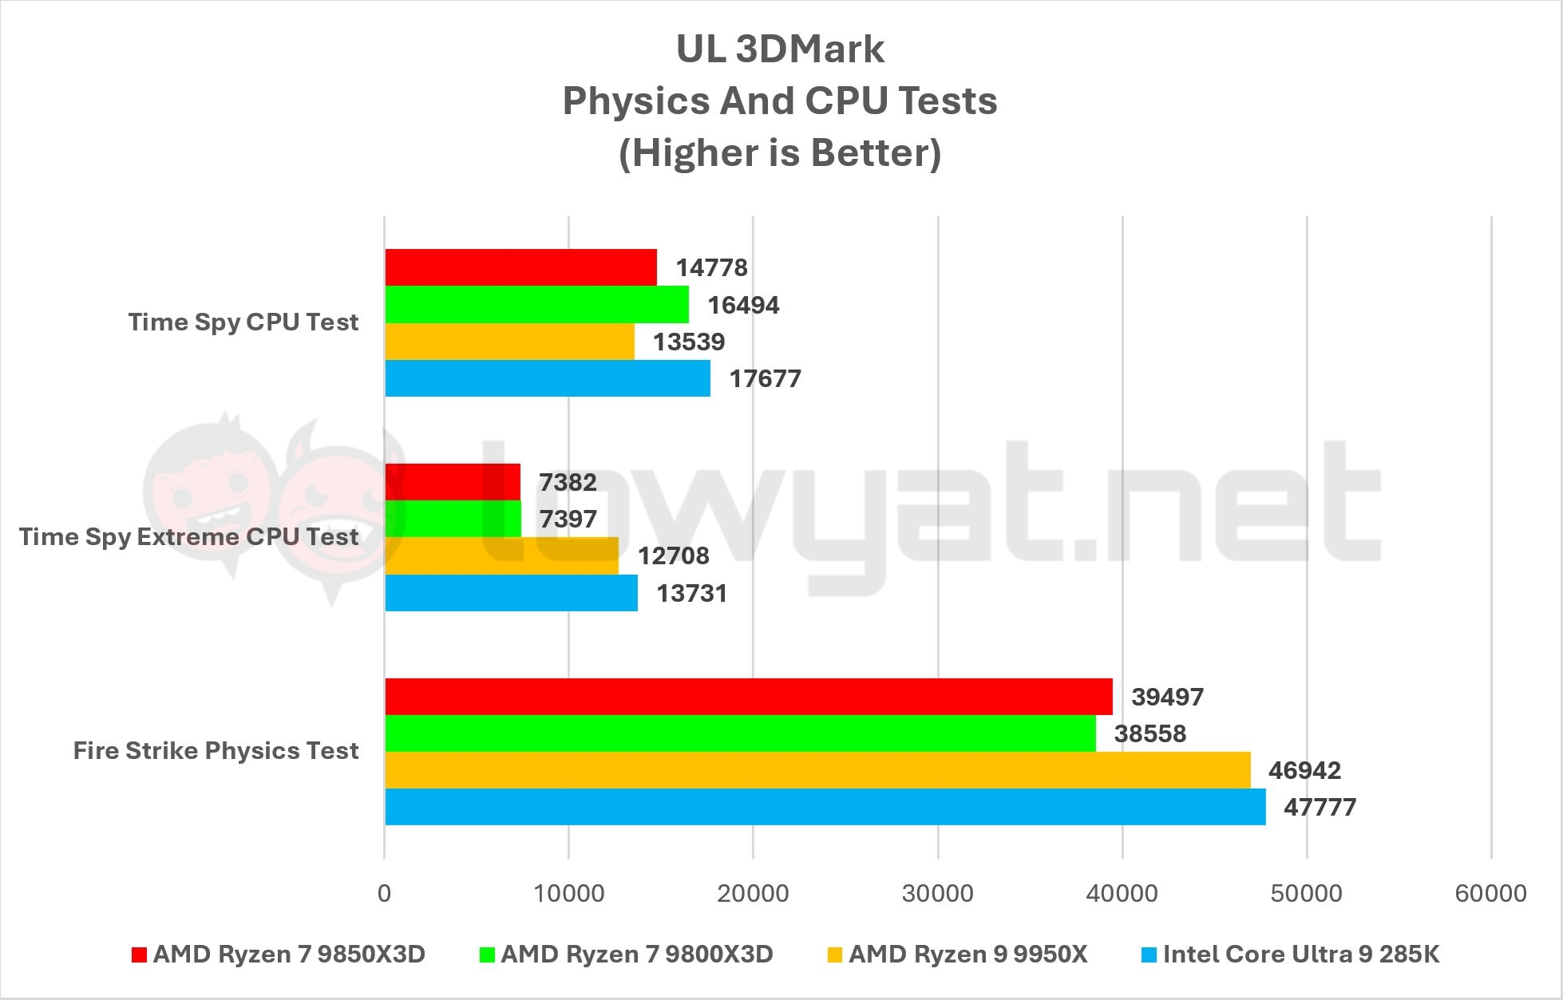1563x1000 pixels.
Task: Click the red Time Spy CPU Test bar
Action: point(520,267)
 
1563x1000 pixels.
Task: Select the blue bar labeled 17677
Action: point(548,378)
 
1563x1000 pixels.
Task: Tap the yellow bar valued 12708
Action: point(501,555)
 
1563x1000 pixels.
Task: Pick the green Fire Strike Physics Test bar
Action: point(740,733)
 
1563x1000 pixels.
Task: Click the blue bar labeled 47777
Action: point(825,807)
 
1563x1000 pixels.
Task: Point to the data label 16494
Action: point(743,305)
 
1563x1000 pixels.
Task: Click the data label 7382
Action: point(568,482)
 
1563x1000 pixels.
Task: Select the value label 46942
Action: point(1304,770)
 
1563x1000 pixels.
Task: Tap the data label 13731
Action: point(691,593)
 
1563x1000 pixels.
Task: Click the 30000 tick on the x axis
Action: point(937,892)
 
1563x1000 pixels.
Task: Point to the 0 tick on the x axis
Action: point(385,892)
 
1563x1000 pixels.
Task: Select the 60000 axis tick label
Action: point(1490,892)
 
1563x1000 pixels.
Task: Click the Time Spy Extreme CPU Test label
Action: point(189,536)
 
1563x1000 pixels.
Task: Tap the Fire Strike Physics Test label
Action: point(216,750)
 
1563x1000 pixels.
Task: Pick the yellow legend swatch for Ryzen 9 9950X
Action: point(835,955)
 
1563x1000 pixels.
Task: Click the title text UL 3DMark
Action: point(780,49)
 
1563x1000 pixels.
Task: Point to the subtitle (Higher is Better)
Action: point(780,152)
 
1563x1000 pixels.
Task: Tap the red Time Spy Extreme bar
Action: point(453,482)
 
